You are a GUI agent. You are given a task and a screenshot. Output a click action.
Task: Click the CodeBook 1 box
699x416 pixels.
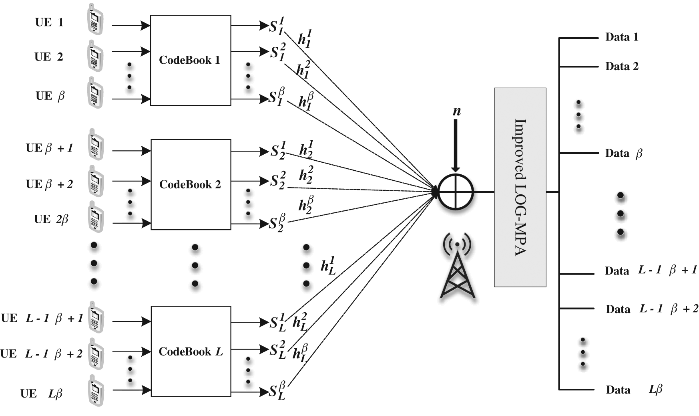click(x=191, y=61)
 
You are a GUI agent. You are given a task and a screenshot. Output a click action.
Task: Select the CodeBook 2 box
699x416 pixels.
click(x=191, y=185)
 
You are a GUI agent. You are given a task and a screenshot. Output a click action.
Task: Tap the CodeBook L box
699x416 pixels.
click(x=191, y=351)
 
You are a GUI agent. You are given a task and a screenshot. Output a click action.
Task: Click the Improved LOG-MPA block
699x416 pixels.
click(x=520, y=187)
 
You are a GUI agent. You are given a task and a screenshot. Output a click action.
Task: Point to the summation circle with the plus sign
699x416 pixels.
click(x=456, y=192)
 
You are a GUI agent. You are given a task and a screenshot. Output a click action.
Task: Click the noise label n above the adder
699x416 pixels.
click(x=456, y=111)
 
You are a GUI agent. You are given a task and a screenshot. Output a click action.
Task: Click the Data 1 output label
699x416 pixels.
click(x=621, y=37)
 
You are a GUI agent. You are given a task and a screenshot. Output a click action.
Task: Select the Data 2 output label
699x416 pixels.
click(x=621, y=66)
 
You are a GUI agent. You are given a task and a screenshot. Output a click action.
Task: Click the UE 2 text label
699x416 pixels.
click(x=49, y=57)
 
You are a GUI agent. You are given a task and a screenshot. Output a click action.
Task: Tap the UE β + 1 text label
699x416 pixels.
click(x=49, y=148)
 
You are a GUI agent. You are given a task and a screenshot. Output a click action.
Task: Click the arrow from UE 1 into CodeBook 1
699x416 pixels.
click(x=131, y=26)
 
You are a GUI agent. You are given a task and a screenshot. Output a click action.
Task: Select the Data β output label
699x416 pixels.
click(x=623, y=153)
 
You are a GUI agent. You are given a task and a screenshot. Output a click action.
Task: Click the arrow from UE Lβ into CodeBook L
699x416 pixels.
click(x=131, y=390)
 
